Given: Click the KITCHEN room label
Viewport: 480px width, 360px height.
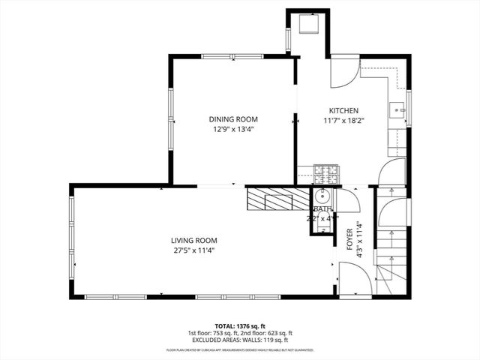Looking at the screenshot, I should [x=335, y=110].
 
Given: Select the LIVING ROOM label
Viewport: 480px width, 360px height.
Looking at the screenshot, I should [x=191, y=240].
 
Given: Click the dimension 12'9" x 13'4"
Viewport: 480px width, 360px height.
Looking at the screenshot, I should [x=232, y=128].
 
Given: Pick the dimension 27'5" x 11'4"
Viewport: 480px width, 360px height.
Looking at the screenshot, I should [x=191, y=250].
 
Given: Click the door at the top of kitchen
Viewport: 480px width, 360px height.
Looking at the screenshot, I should [x=344, y=73].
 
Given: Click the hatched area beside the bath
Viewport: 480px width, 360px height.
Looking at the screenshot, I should [x=277, y=199].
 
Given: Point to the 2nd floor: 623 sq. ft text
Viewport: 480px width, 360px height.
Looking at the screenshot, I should [x=267, y=333].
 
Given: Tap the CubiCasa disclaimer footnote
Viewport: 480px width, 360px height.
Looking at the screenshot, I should [x=240, y=349].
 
